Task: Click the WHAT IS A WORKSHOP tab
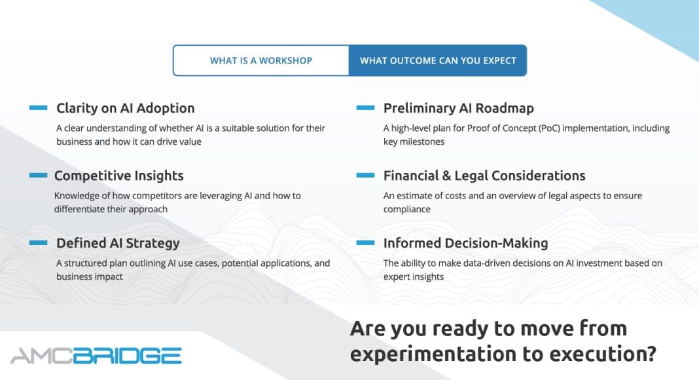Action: point(261,60)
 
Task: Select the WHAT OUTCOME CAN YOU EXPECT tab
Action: point(438,60)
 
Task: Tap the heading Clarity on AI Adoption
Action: point(125,108)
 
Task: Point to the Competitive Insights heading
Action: point(118,176)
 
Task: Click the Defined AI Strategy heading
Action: point(118,243)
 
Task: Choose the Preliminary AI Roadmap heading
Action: point(458,108)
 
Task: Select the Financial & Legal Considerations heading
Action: point(484,176)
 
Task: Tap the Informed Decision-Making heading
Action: point(465,243)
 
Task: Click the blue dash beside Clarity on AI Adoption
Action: point(39,107)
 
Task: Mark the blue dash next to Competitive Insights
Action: point(39,176)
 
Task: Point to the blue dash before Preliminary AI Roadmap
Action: point(366,107)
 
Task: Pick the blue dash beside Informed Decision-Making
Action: point(366,242)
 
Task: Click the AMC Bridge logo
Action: point(96,356)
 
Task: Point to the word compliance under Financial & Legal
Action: point(407,209)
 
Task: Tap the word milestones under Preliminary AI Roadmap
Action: point(421,142)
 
